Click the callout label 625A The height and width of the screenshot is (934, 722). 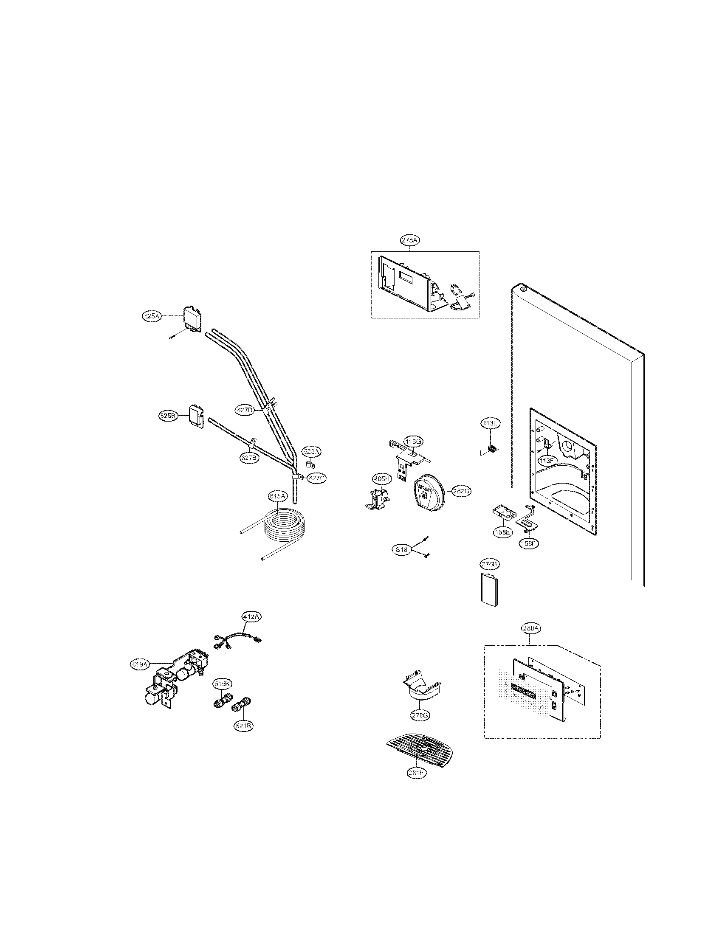pyautogui.click(x=151, y=316)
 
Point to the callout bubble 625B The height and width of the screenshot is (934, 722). pyautogui.click(x=167, y=415)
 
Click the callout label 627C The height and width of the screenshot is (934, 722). pyautogui.click(x=316, y=478)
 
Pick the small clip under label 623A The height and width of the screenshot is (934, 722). pyautogui.click(x=309, y=464)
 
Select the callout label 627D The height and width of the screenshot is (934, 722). pyautogui.click(x=245, y=410)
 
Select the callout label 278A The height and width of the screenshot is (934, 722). pyautogui.click(x=410, y=240)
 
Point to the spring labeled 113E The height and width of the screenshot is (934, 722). pyautogui.click(x=492, y=449)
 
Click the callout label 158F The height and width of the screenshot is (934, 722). pyautogui.click(x=527, y=543)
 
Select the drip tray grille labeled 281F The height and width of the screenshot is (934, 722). pyautogui.click(x=421, y=747)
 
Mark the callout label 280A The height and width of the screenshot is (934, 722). pyautogui.click(x=531, y=628)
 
